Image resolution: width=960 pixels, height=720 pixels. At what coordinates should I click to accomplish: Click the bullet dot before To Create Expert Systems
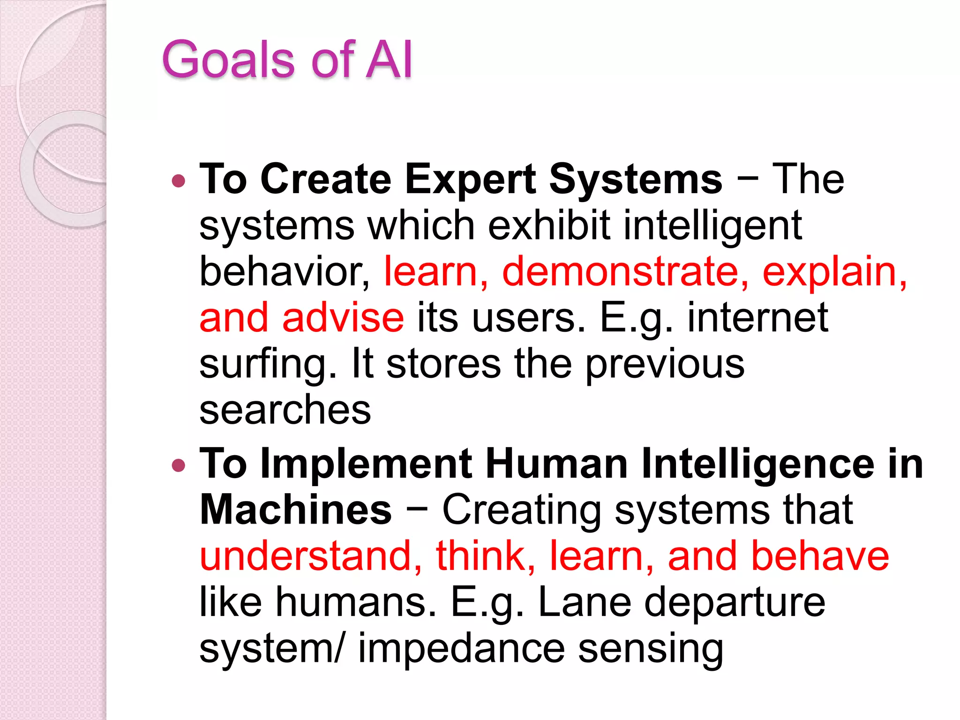(x=179, y=181)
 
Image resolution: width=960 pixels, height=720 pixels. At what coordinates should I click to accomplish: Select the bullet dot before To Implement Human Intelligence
(x=179, y=465)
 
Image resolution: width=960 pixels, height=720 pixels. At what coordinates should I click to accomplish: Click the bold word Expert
(x=470, y=180)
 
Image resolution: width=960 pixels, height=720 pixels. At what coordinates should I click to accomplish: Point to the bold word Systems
(x=635, y=180)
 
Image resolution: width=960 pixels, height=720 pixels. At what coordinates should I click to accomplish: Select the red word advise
(x=343, y=318)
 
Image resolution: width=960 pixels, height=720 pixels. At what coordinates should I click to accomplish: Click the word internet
(x=757, y=318)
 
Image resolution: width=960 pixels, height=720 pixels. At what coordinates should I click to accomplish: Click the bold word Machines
(x=295, y=510)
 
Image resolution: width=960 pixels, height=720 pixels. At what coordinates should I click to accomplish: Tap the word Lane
(x=585, y=602)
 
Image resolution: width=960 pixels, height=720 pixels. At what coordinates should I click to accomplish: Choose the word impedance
(x=461, y=649)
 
